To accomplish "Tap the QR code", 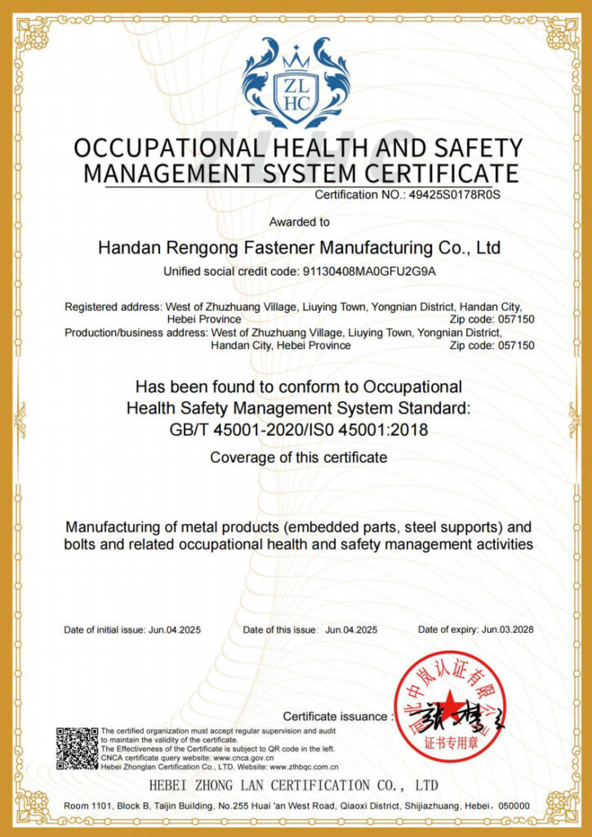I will pyautogui.click(x=77, y=747).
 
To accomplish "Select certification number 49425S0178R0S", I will pyautogui.click(x=453, y=195).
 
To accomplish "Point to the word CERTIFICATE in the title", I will pyautogui.click(x=438, y=173).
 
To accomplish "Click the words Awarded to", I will pyautogui.click(x=299, y=222).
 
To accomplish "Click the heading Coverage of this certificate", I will pyautogui.click(x=298, y=458).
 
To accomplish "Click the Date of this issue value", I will pyautogui.click(x=351, y=629).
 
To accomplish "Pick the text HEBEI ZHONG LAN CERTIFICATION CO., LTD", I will pyautogui.click(x=294, y=786).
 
